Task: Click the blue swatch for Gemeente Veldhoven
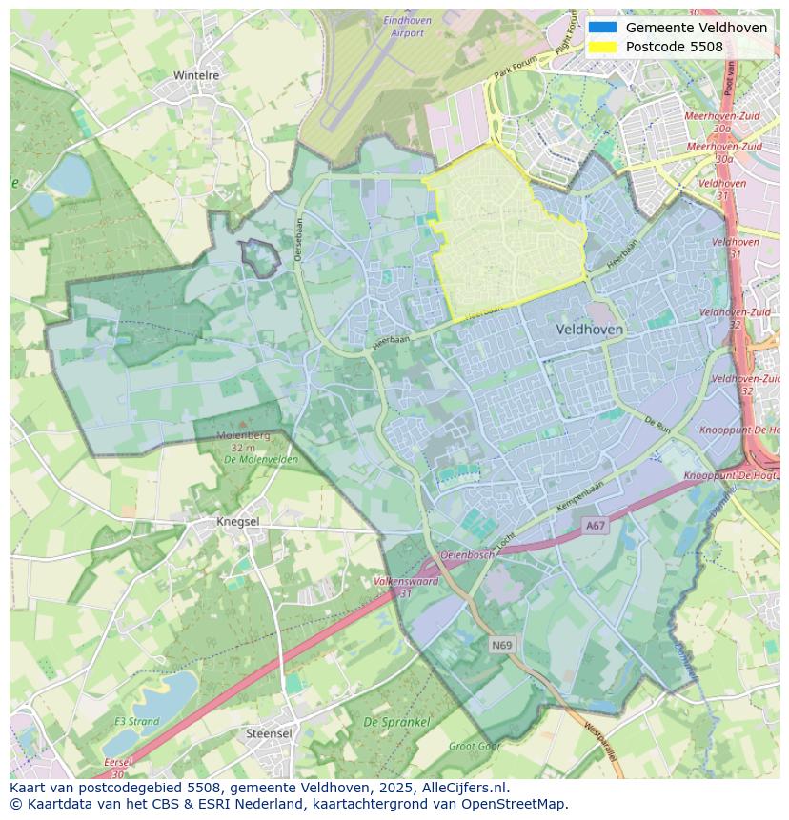(x=602, y=28)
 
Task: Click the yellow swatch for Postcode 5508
(x=602, y=47)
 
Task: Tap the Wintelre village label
(x=196, y=75)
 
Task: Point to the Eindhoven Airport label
(x=407, y=27)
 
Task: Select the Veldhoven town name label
(x=589, y=329)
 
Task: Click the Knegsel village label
(x=237, y=522)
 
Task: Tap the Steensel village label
(x=269, y=733)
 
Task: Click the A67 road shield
(x=596, y=525)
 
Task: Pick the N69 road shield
(x=502, y=645)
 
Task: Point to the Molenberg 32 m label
(x=243, y=441)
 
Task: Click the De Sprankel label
(x=396, y=723)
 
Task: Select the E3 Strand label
(x=137, y=721)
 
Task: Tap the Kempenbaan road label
(x=580, y=500)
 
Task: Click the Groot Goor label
(x=474, y=747)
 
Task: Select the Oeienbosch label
(x=467, y=554)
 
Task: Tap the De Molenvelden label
(x=260, y=460)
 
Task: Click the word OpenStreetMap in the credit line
(x=515, y=804)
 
